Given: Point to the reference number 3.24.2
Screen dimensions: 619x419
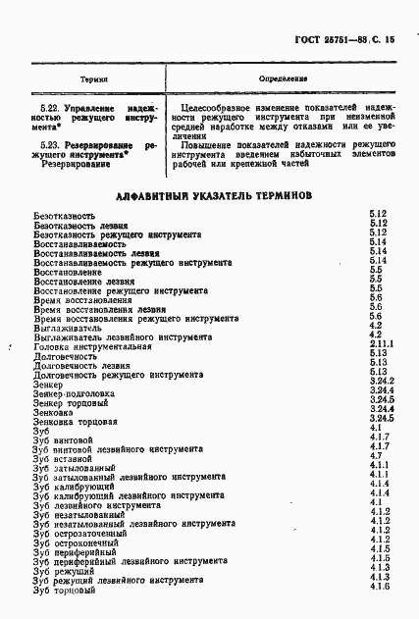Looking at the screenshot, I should [382, 382].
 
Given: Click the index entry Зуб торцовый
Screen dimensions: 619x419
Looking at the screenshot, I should [64, 590].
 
